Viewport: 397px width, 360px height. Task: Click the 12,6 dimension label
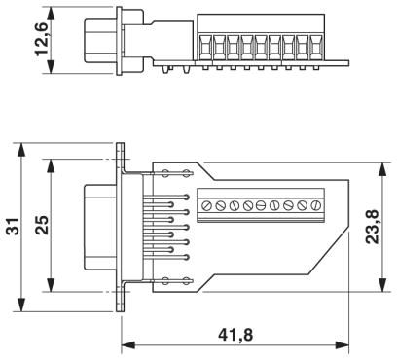(x=42, y=39)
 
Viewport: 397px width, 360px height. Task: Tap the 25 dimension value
(x=42, y=225)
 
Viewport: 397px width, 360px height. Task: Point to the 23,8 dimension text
(x=372, y=227)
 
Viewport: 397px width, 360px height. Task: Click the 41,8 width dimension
(x=235, y=335)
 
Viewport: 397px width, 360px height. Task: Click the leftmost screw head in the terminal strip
(x=206, y=205)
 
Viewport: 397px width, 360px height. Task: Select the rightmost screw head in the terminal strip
(x=315, y=205)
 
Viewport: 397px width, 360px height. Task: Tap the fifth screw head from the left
(x=261, y=205)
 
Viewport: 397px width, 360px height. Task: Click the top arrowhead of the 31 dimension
(x=21, y=150)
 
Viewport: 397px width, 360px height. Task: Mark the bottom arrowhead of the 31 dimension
(x=21, y=305)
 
